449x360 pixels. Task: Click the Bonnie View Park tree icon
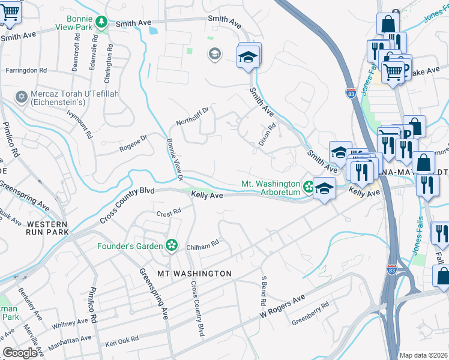point(102,22)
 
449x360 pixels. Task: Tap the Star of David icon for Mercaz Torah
point(22,97)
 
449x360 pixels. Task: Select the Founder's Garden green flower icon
point(172,245)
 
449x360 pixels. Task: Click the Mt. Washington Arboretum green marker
point(308,187)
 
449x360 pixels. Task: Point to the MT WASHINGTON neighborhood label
point(194,274)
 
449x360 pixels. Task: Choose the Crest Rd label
point(169,212)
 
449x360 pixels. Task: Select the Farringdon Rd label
point(26,70)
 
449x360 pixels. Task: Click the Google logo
point(20,352)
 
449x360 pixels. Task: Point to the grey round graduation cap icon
point(214,55)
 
